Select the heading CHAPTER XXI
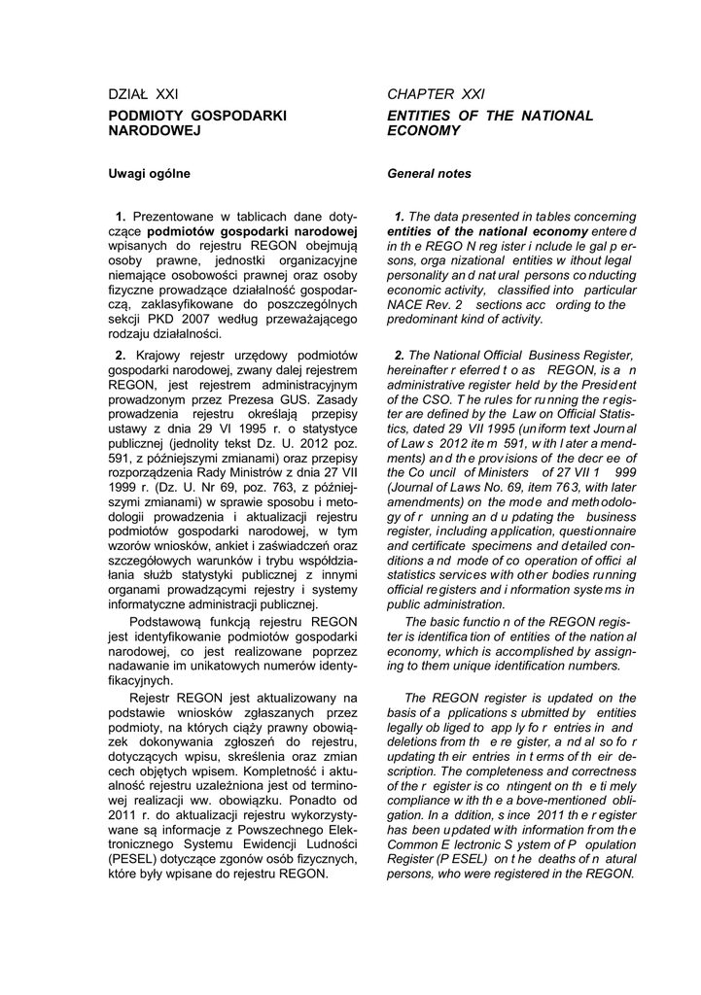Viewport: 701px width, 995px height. coord(436,94)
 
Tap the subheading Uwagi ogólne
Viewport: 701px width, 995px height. coord(150,174)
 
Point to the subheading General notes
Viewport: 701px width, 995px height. coord(429,174)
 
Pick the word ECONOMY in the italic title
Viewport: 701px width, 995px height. coord(424,130)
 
